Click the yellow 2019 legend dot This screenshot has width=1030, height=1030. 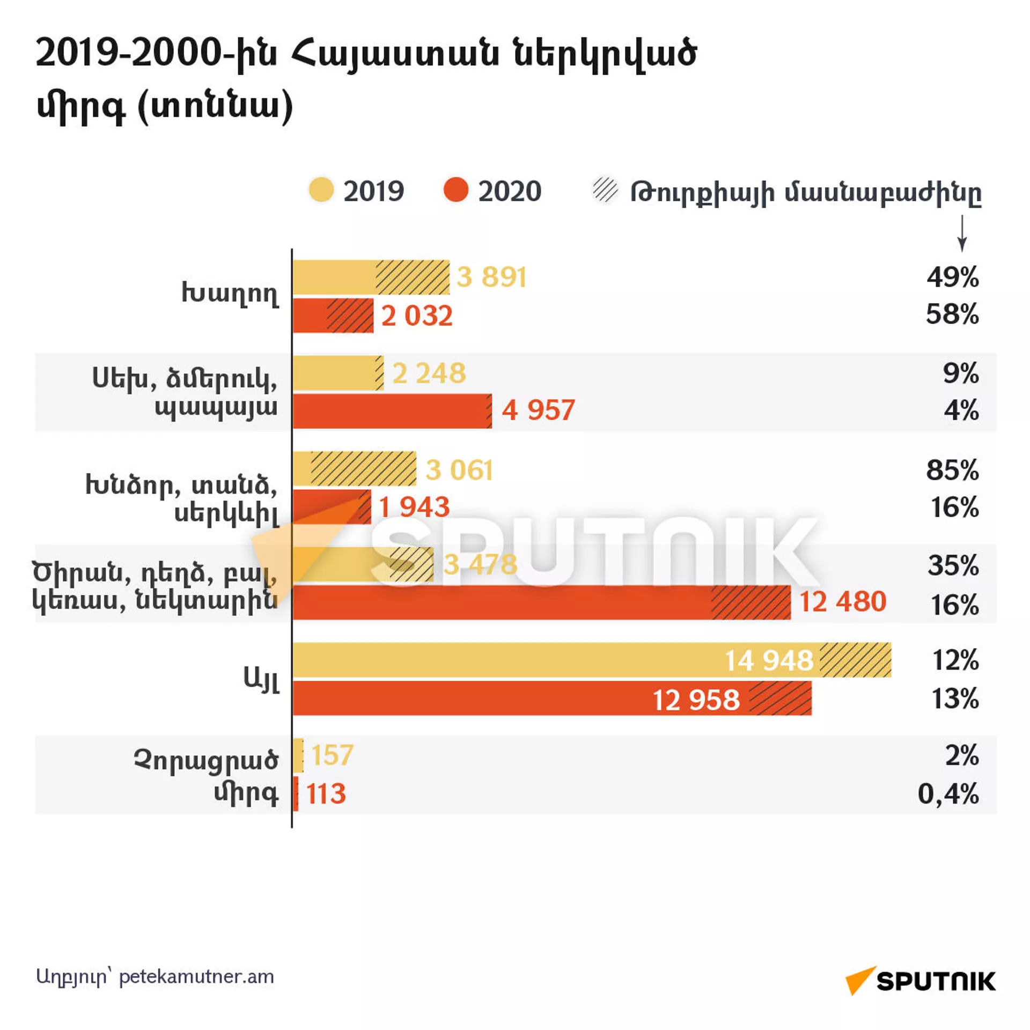321,190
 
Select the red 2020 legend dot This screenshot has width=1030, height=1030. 455,190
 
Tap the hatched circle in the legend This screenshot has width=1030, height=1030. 605,190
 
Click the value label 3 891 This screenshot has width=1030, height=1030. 491,277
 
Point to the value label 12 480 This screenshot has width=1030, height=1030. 842,601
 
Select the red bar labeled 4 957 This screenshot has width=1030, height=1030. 392,411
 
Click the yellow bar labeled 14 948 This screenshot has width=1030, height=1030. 590,660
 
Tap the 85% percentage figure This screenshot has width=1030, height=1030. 952,470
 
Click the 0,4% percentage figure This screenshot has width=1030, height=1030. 948,793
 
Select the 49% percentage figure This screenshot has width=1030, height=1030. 953,277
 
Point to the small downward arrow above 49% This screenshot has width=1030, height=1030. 962,233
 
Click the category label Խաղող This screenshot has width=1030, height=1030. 230,294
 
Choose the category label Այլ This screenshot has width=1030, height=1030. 261,680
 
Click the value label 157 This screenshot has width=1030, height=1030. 332,755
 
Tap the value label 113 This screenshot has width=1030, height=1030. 326,794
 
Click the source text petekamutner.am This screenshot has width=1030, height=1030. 196,977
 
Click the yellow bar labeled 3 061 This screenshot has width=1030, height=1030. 354,469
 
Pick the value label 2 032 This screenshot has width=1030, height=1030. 417,315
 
